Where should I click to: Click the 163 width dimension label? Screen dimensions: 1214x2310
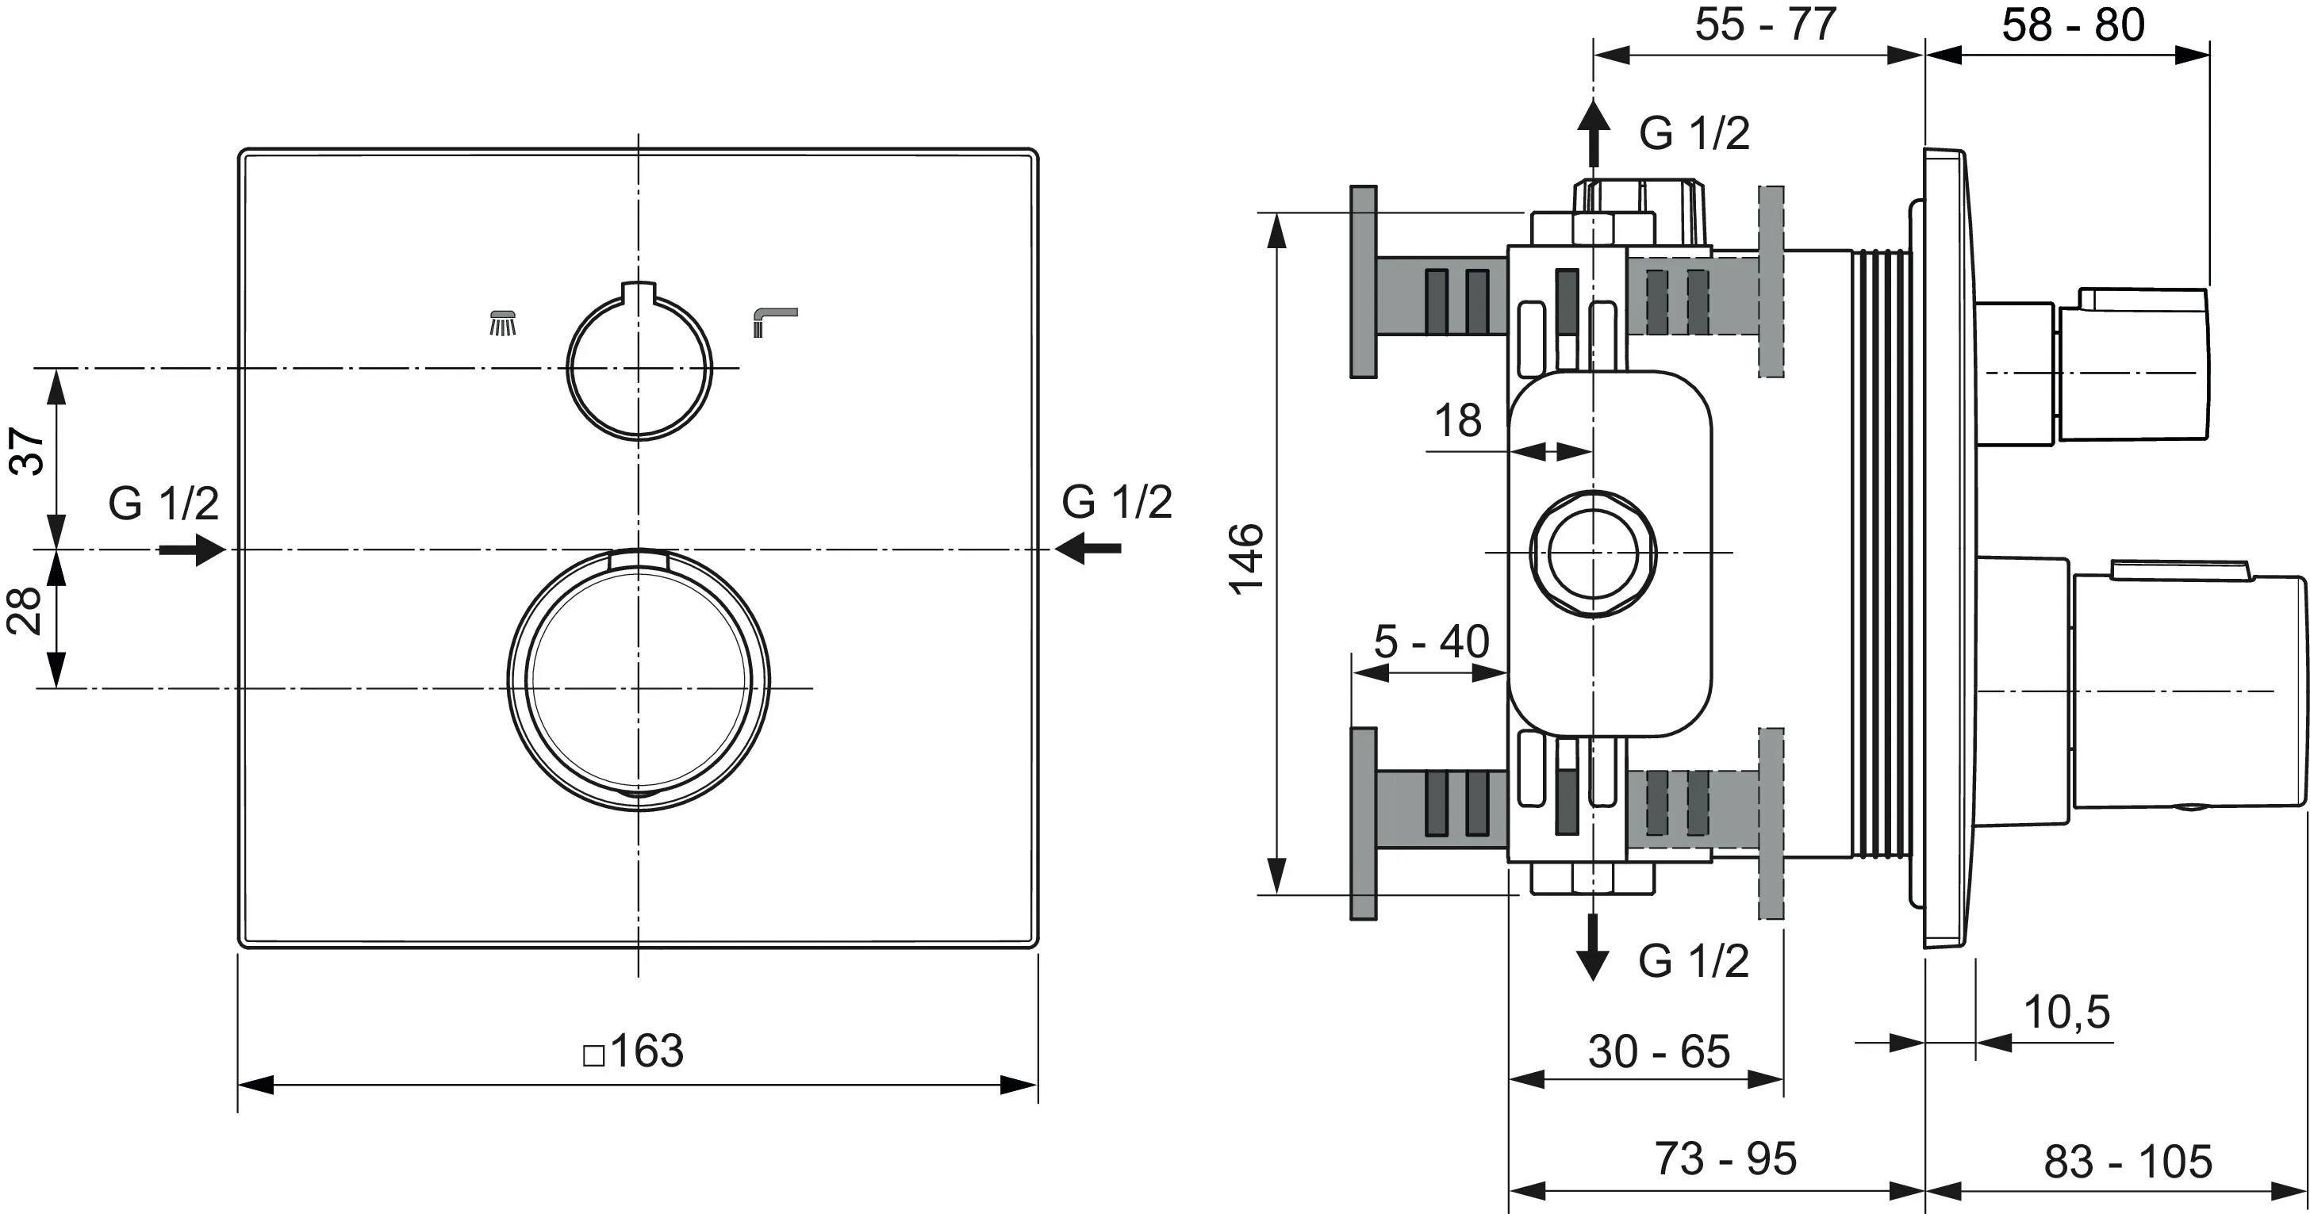[635, 1051]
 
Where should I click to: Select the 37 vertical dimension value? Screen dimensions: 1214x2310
[27, 452]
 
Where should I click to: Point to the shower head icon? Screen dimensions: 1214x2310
[503, 323]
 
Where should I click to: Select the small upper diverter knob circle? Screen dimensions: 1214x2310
[639, 368]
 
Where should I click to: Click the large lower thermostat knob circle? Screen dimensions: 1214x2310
[638, 680]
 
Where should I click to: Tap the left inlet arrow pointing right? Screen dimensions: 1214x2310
[192, 549]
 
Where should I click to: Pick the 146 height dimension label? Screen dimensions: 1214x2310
[1245, 558]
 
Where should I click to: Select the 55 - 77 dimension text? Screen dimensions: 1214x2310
[1765, 25]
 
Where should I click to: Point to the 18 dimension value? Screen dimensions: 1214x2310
[1457, 420]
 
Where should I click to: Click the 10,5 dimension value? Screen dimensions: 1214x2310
[2066, 1013]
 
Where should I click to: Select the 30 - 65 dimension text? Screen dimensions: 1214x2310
[1659, 1051]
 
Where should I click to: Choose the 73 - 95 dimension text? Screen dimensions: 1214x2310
[1725, 1158]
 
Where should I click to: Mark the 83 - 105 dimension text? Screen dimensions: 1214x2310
[2127, 1162]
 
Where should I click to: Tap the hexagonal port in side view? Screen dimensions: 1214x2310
[1593, 553]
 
